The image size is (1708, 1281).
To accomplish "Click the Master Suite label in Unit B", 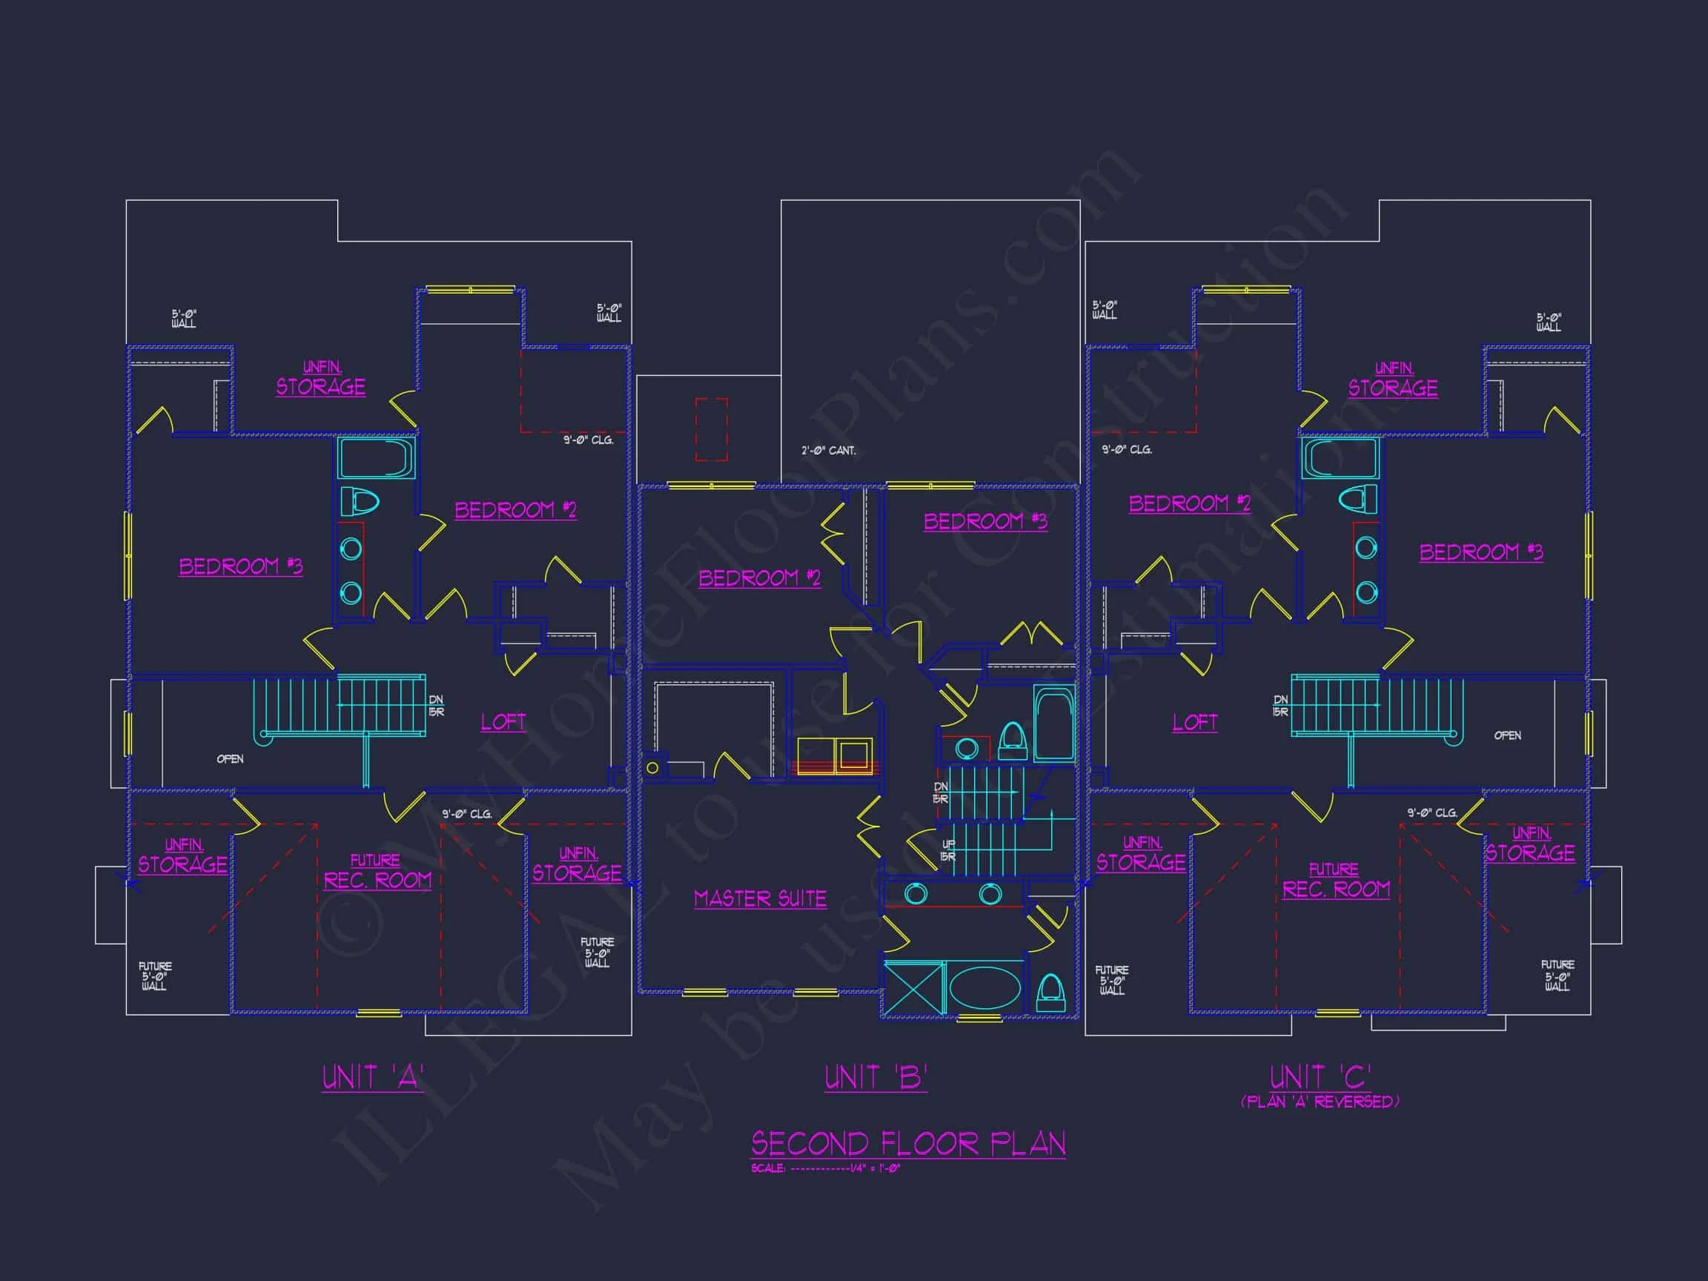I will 760,898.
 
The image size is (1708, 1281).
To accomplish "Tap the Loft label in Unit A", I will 503,722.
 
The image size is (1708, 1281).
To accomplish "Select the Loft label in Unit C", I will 1194,723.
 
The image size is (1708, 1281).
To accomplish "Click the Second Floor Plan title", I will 908,1143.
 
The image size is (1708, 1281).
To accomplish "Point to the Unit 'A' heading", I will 373,1077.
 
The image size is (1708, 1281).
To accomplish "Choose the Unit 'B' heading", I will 875,1077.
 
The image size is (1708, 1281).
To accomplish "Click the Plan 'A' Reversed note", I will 1320,1102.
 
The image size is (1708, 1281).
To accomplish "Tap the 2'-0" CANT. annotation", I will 829,450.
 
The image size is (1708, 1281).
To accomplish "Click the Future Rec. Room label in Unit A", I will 377,873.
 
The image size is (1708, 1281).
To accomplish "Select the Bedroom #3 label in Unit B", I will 985,521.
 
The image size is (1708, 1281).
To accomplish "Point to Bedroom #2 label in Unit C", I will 1189,503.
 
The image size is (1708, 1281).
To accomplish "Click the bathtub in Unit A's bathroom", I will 376,459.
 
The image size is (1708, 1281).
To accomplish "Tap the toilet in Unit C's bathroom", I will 1357,500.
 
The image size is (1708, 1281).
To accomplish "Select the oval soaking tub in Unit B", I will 984,987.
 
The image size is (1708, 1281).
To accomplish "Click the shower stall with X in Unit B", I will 913,987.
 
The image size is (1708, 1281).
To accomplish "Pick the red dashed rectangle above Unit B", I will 711,428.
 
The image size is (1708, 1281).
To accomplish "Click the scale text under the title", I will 825,1168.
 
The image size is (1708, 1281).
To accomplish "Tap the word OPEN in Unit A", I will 230,759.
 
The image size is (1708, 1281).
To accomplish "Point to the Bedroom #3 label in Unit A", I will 241,566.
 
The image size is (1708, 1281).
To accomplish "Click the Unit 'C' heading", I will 1320,1077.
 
